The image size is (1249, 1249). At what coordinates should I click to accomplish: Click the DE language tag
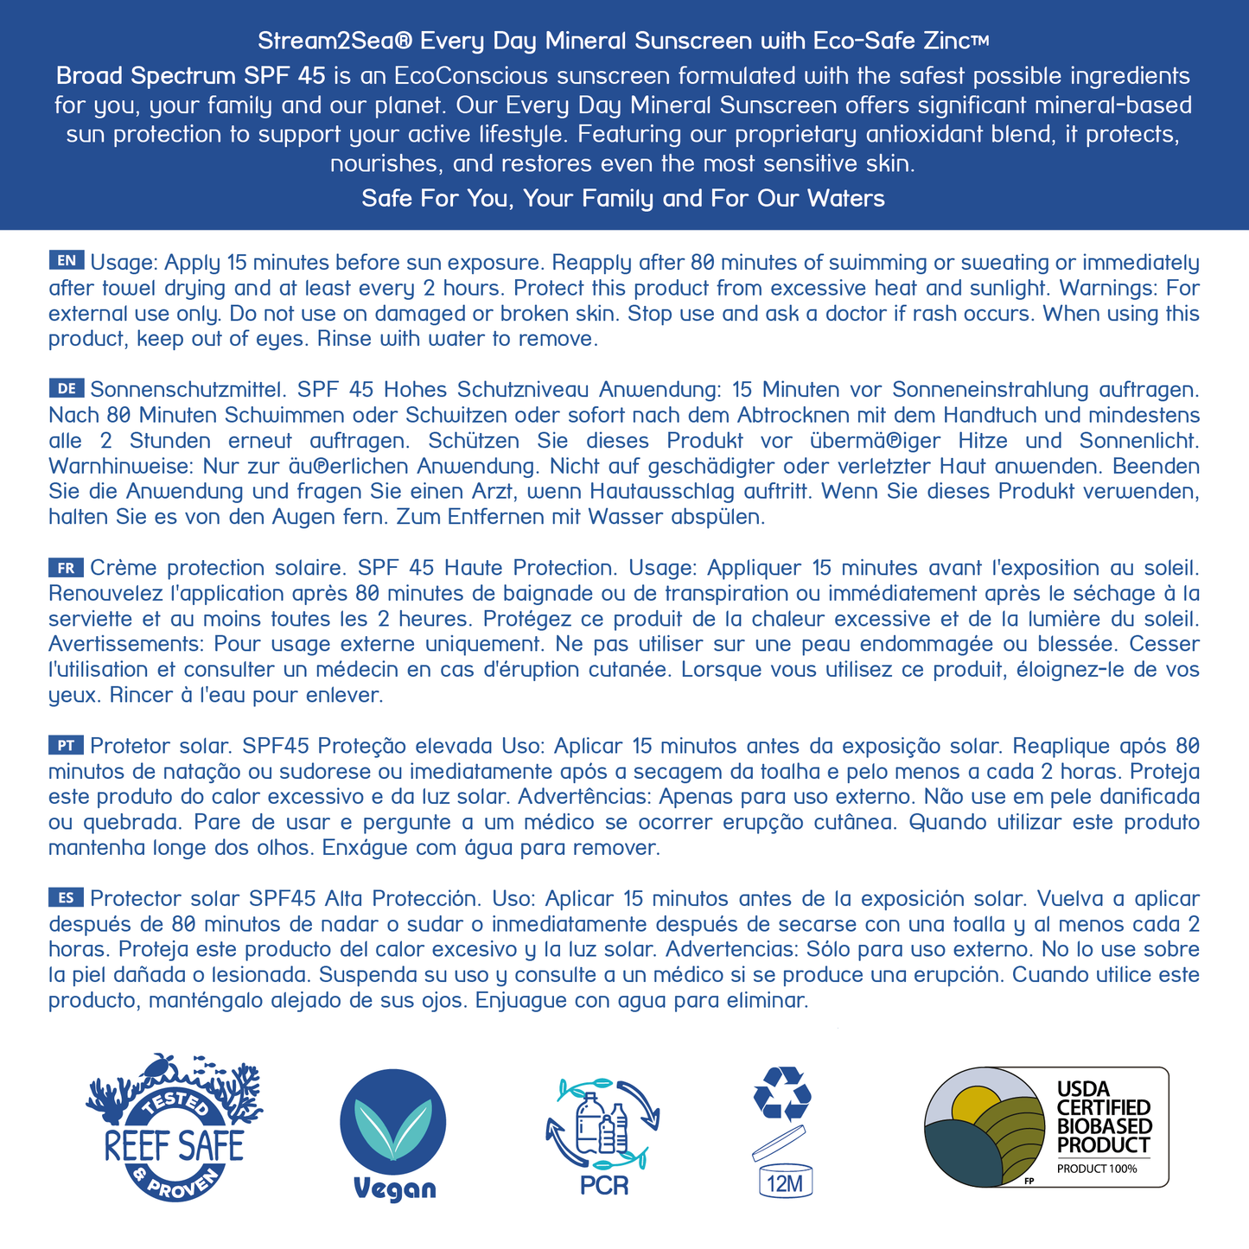coord(67,388)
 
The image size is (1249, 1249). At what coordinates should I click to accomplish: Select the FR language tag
coord(67,568)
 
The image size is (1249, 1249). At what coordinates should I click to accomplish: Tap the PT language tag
coord(67,745)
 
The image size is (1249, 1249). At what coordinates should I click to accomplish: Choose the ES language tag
coord(67,897)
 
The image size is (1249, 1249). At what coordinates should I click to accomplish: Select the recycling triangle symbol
coord(782,1093)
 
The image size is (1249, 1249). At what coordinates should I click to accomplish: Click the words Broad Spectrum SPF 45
coord(190,76)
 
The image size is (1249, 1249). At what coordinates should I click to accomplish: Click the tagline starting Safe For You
coord(623,199)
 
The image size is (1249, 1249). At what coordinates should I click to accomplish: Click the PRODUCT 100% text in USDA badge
coord(1098,1169)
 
